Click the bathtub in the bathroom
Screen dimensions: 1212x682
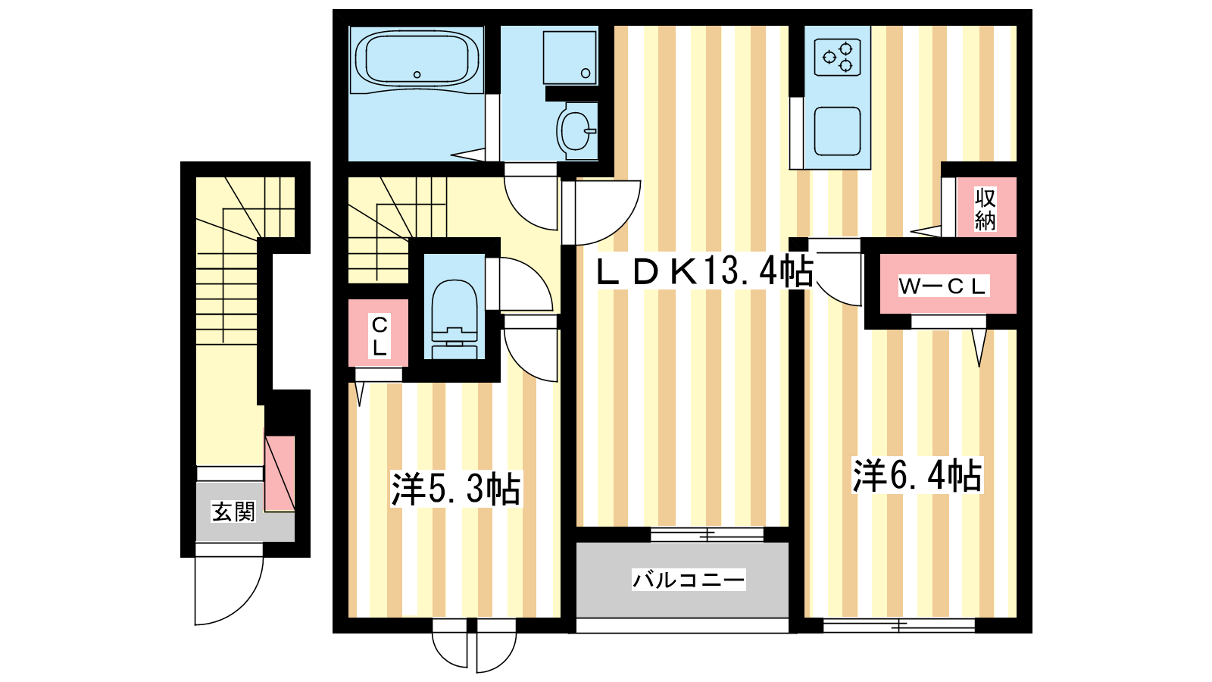click(x=417, y=60)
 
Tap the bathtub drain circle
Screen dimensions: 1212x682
click(x=417, y=75)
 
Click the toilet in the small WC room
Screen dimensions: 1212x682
click(x=454, y=319)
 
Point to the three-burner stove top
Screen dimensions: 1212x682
click(x=838, y=58)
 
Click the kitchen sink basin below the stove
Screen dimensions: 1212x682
click(x=838, y=131)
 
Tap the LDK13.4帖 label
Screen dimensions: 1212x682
click(x=704, y=272)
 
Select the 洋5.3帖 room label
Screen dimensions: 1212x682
click(x=456, y=489)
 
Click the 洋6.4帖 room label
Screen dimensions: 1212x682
click(x=917, y=475)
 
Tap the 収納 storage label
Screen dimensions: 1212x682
click(x=986, y=209)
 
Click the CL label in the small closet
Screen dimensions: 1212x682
click(x=380, y=336)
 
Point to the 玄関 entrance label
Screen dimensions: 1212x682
click(x=233, y=511)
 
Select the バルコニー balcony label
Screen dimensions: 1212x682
click(x=689, y=580)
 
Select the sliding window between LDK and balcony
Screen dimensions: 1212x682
click(x=707, y=535)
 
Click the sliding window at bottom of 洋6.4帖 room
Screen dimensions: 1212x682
click(x=899, y=626)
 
